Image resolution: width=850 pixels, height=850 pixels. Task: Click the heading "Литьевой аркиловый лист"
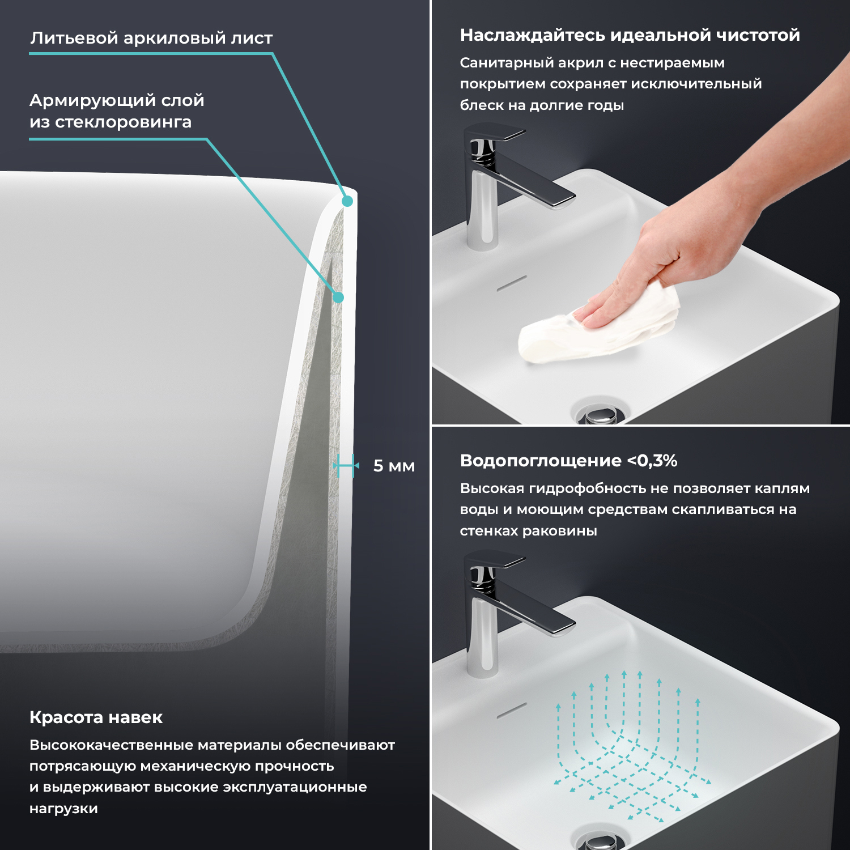click(151, 38)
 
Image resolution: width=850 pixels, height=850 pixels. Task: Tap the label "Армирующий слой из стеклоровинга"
click(117, 111)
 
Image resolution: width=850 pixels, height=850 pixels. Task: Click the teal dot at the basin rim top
click(347, 201)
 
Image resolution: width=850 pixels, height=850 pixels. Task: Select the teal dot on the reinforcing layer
click(338, 297)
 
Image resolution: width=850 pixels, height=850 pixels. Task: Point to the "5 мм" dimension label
click(394, 466)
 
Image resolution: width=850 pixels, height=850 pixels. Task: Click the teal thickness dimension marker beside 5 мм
click(346, 466)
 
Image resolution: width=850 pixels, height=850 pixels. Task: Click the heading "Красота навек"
click(96, 717)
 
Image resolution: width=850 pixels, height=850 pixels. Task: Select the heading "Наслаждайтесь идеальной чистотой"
click(630, 35)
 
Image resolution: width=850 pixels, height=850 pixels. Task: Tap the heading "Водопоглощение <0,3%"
click(569, 461)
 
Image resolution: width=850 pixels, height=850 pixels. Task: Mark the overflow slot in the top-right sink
click(512, 283)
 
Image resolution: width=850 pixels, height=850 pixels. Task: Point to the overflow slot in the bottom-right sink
click(512, 711)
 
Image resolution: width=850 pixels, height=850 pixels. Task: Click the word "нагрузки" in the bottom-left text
click(63, 809)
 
